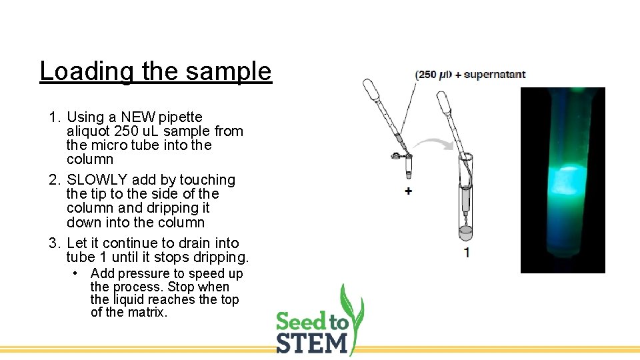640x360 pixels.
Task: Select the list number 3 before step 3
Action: click(53, 243)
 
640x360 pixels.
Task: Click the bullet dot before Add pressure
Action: click(77, 274)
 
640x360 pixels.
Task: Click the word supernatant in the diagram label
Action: click(495, 75)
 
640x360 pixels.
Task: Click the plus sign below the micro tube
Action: click(408, 191)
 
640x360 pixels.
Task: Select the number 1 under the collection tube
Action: click(467, 253)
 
